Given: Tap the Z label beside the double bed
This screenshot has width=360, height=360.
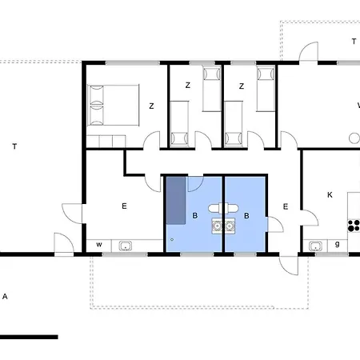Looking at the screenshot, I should pyautogui.click(x=150, y=105).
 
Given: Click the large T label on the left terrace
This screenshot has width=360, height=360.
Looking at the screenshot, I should pyautogui.click(x=14, y=146).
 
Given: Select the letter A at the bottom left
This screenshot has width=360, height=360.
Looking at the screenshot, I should pyautogui.click(x=5, y=297).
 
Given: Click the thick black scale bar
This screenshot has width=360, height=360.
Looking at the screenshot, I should pyautogui.click(x=29, y=337).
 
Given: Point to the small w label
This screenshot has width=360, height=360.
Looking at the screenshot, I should pyautogui.click(x=98, y=244).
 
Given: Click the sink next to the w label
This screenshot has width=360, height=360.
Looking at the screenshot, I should pyautogui.click(x=126, y=245).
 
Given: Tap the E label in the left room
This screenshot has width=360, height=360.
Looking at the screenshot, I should pyautogui.click(x=124, y=206).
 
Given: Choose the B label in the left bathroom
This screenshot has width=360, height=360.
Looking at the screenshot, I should pyautogui.click(x=194, y=215).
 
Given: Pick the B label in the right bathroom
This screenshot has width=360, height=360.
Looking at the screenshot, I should pyautogui.click(x=247, y=215).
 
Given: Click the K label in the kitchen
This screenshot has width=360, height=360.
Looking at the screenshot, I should pyautogui.click(x=329, y=194).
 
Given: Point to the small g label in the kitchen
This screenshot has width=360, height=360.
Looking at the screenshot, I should pyautogui.click(x=338, y=244).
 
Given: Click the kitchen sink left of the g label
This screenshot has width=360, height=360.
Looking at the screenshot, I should pyautogui.click(x=314, y=245).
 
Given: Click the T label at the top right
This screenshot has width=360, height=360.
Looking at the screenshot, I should pyautogui.click(x=353, y=41).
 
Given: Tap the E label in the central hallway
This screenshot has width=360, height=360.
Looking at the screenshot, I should pyautogui.click(x=284, y=206).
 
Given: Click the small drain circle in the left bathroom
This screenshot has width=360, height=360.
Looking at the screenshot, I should pyautogui.click(x=172, y=239).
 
